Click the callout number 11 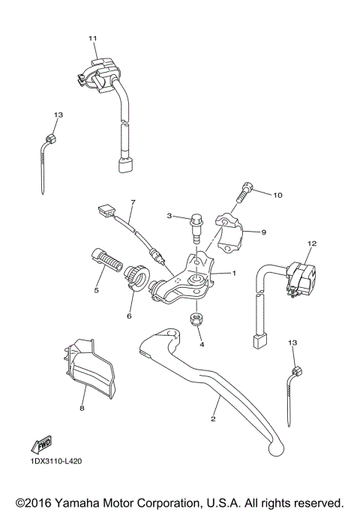click(92, 37)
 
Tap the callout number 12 click(312, 244)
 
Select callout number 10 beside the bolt click(277, 196)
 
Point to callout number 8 click(81, 409)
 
